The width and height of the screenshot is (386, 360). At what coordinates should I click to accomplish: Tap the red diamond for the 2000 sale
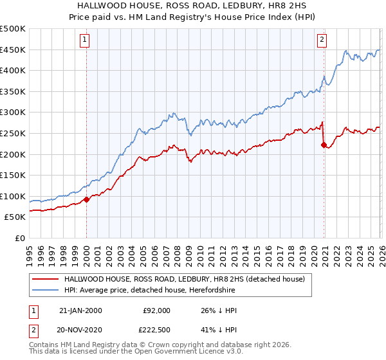86,199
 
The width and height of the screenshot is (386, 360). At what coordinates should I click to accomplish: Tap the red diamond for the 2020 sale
324,145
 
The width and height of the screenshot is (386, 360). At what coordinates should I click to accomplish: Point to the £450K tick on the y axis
13,50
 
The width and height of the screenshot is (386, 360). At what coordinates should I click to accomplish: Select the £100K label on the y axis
13,196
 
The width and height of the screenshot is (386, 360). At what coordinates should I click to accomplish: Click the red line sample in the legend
44,278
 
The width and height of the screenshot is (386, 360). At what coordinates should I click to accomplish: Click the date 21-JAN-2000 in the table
80,310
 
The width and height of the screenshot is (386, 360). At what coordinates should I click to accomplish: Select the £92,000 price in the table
156,310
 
